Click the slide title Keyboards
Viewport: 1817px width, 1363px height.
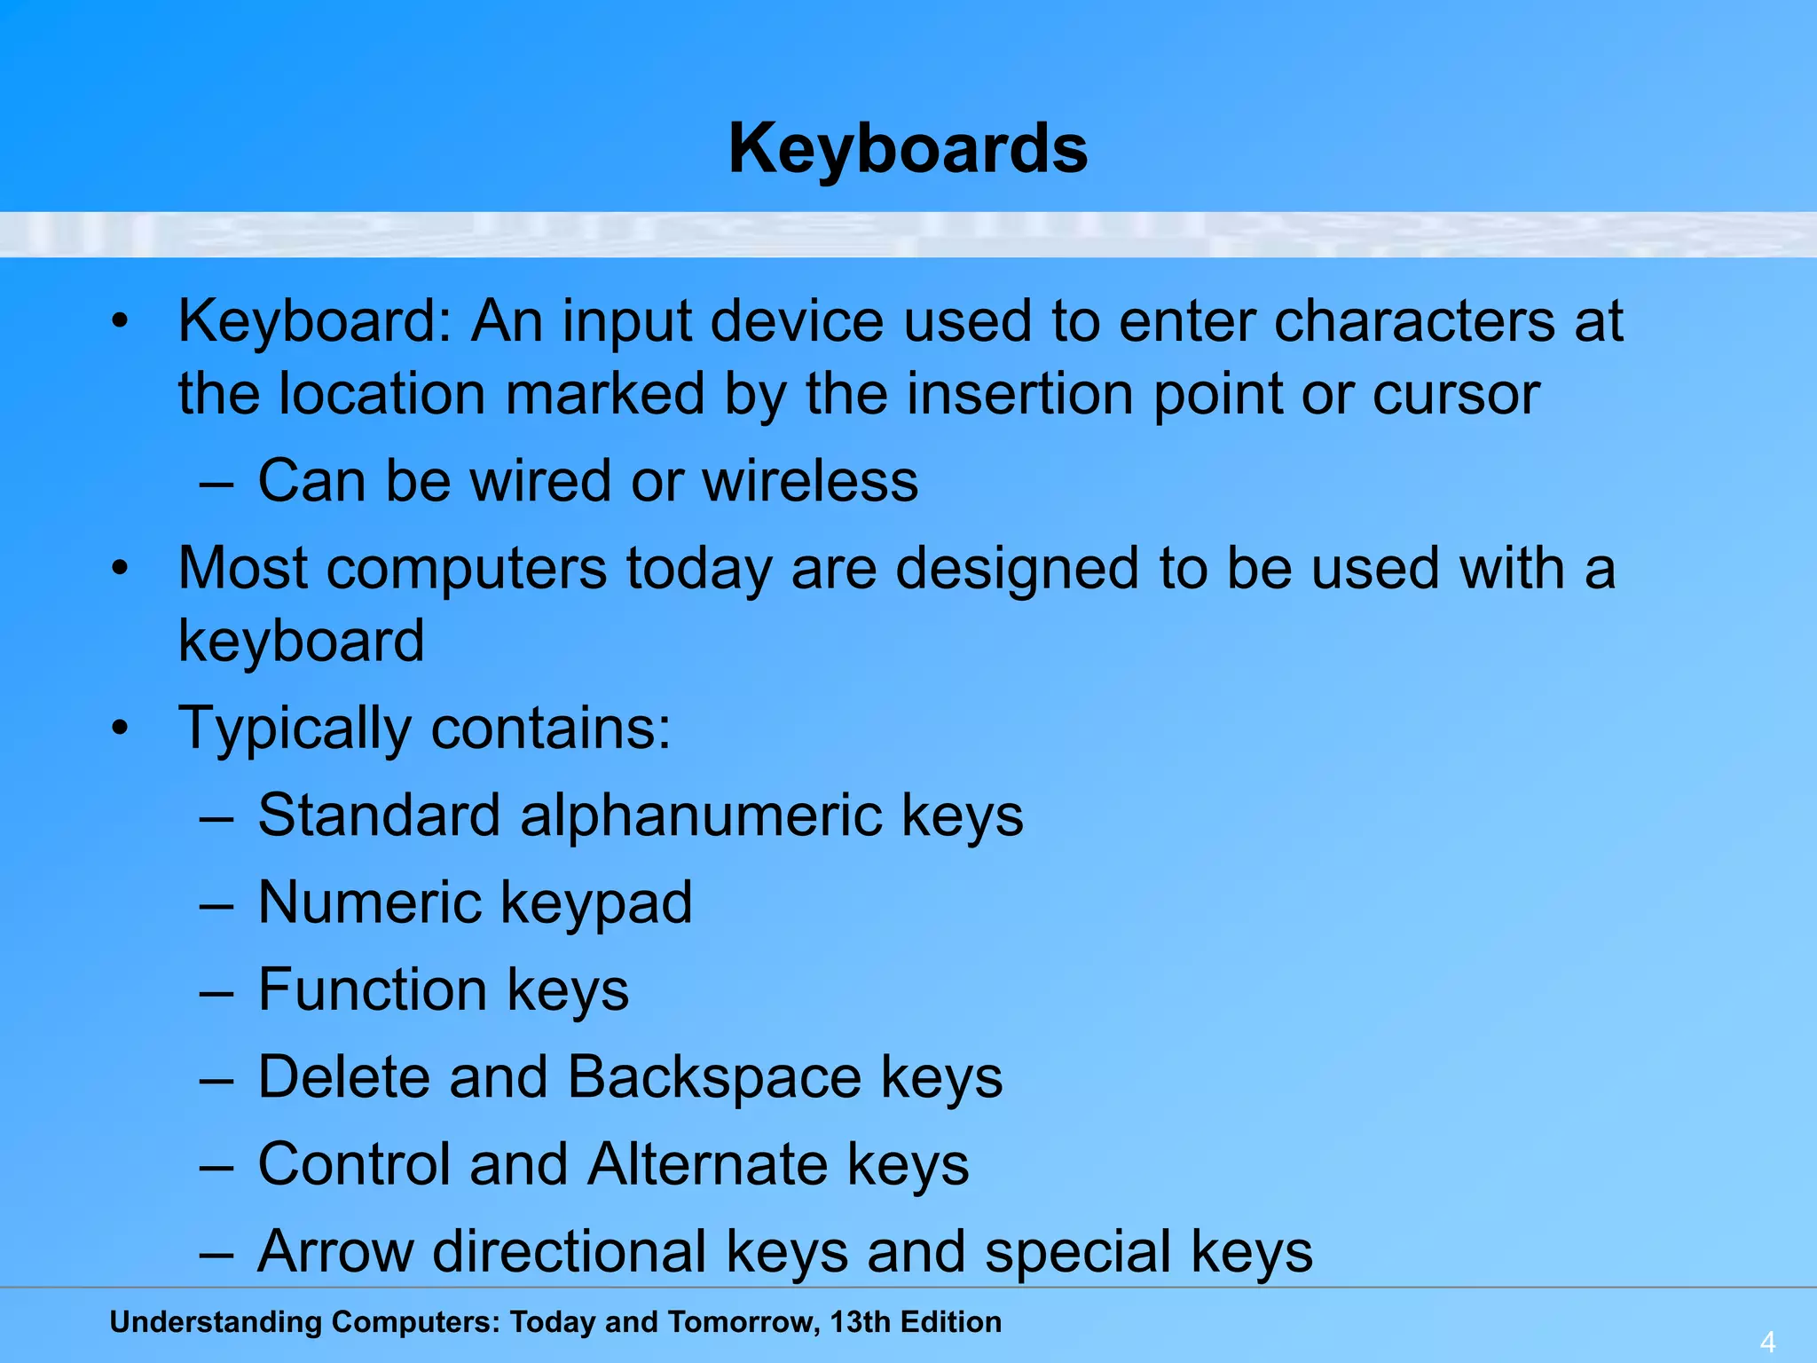tap(908, 149)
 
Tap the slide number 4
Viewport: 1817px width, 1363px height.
tap(1767, 1342)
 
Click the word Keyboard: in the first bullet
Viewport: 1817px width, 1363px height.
tap(315, 320)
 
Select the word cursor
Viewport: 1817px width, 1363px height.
tap(1456, 393)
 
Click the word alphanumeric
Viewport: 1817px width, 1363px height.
tap(701, 815)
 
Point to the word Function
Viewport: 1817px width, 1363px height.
tap(373, 989)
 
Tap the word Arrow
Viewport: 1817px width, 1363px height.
tap(336, 1251)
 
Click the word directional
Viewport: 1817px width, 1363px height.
tap(569, 1251)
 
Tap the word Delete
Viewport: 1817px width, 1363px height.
tap(344, 1077)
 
